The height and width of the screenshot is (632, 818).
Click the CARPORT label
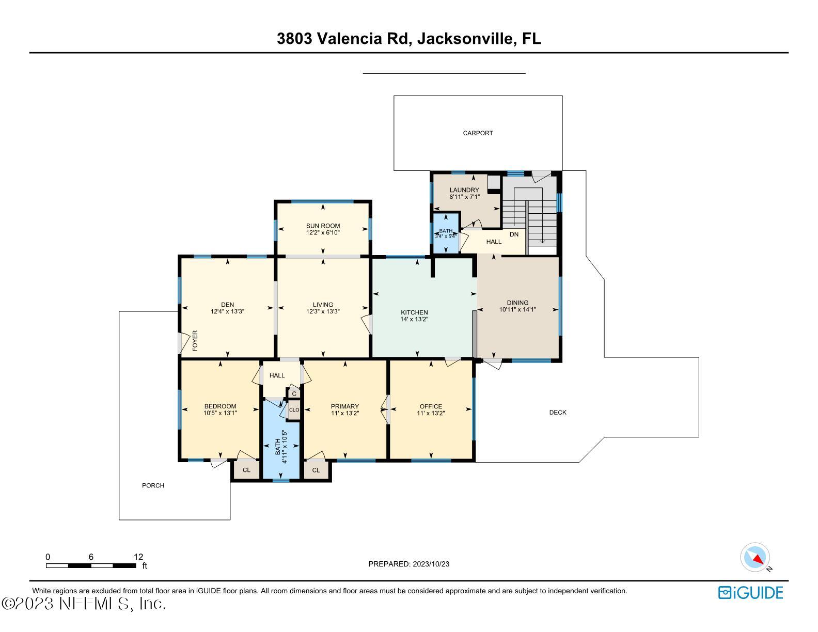click(478, 133)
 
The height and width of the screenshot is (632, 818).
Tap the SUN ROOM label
click(323, 226)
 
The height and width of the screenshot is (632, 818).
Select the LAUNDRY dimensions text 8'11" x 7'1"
click(464, 197)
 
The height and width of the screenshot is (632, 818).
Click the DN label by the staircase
click(514, 234)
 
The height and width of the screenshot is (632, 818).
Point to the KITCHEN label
click(414, 312)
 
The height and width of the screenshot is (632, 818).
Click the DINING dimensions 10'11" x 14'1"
click(517, 310)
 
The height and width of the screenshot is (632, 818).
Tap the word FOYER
click(195, 341)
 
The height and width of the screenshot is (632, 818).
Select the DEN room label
click(227, 305)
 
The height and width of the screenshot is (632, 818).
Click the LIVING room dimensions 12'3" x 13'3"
click(323, 311)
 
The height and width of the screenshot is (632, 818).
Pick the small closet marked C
click(294, 394)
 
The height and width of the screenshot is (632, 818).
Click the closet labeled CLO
click(294, 410)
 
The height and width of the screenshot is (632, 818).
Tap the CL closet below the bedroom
click(246, 470)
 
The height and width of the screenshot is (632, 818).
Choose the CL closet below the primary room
click(316, 470)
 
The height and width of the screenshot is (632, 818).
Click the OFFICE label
click(431, 406)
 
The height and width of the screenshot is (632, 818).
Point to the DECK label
click(558, 413)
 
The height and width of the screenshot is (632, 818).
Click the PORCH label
click(153, 486)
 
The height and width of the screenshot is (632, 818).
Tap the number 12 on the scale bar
click(138, 557)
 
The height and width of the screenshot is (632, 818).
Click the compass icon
click(755, 558)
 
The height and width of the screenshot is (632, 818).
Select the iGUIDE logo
click(750, 593)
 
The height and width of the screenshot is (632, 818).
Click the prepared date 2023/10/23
click(431, 564)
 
